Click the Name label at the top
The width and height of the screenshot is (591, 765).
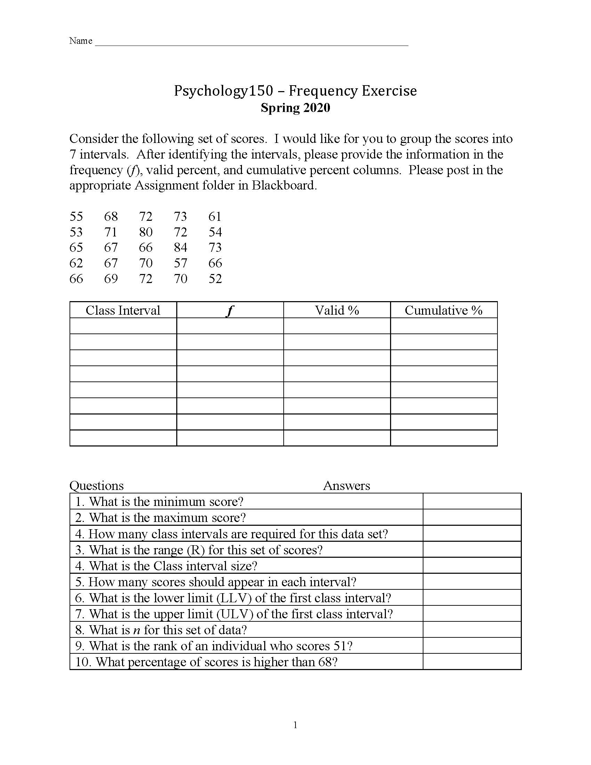[x=81, y=41]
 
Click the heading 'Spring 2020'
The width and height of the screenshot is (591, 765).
[x=295, y=107]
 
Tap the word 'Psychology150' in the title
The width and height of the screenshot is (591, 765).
[x=224, y=91]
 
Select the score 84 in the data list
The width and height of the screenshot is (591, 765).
[x=180, y=248]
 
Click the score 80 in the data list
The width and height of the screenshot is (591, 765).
[x=146, y=232]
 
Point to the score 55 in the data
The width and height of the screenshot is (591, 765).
[x=76, y=217]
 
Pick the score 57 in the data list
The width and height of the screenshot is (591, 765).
[x=180, y=263]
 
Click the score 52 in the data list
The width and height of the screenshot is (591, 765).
[x=215, y=279]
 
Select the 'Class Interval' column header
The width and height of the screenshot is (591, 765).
[x=123, y=310]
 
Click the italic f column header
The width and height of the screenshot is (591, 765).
[x=230, y=310]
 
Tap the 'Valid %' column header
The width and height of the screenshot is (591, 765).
[x=337, y=310]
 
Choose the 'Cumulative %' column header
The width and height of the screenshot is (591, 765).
[x=444, y=310]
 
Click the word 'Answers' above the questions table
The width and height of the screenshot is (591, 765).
[x=346, y=485]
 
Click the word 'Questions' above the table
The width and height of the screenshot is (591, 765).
[x=97, y=485]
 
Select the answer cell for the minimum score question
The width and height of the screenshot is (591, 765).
[x=472, y=501]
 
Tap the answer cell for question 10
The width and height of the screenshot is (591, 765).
[x=472, y=662]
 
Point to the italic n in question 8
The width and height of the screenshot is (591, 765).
[x=137, y=630]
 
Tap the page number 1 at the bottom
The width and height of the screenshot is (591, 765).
[x=295, y=725]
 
